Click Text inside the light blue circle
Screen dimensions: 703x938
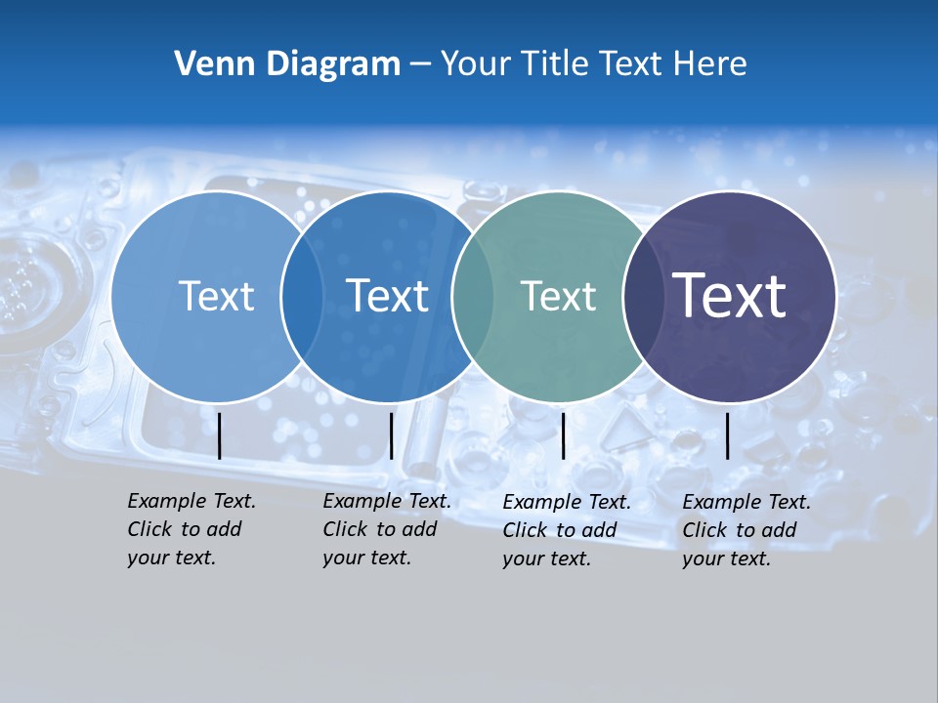216,296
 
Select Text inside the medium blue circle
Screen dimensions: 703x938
387,296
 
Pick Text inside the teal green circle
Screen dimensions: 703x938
558,296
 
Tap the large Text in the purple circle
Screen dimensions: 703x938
730,296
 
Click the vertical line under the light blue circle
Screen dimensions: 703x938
220,435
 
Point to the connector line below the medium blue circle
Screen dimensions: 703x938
391,435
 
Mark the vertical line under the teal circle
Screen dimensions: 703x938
564,435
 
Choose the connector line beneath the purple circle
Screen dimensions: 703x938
728,435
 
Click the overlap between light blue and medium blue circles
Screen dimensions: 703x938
302,297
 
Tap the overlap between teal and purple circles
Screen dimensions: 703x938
643,297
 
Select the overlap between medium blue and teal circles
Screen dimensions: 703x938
471,297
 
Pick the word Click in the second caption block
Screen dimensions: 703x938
345,529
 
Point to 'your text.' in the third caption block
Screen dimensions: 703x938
547,558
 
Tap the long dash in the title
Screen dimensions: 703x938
420,65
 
